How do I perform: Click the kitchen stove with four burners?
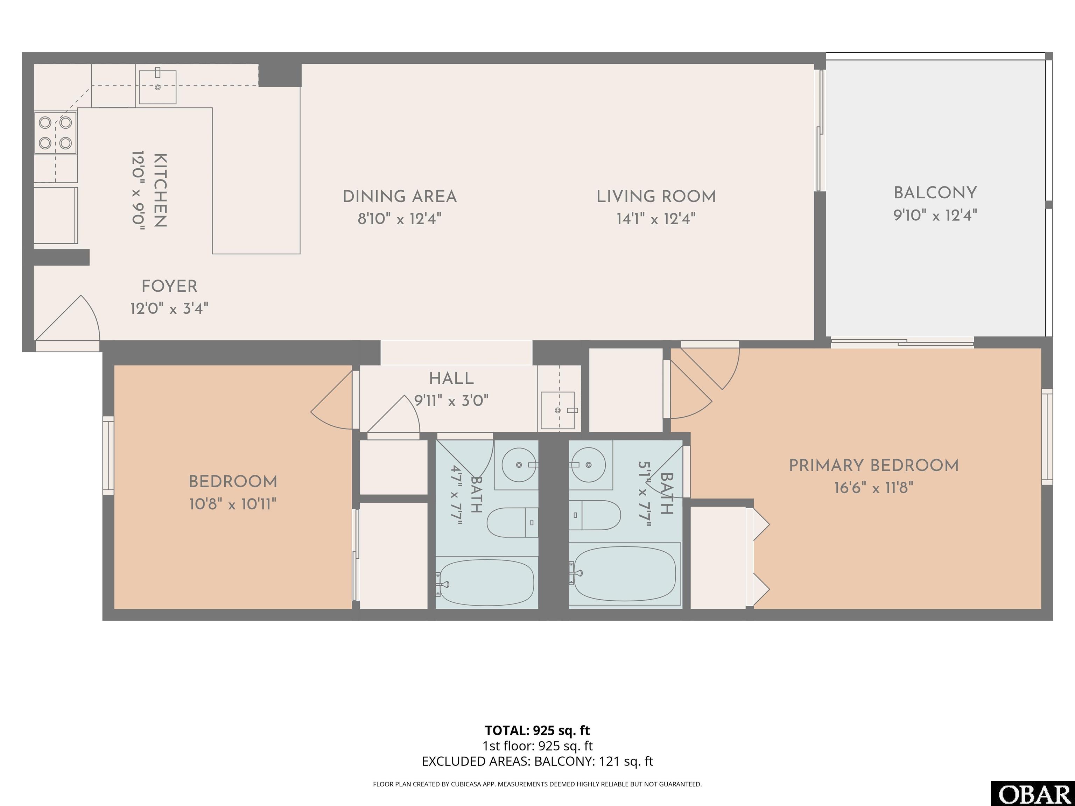point(55,133)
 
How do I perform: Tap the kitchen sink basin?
point(157,87)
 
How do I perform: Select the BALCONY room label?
point(935,193)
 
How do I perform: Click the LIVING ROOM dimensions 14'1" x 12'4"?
point(656,219)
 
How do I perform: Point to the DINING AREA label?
point(400,197)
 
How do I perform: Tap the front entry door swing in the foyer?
point(68,318)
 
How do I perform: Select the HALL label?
point(451,379)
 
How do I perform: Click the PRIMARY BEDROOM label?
point(874,465)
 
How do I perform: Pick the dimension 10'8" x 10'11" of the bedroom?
point(233,504)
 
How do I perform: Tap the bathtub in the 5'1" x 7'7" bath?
point(625,574)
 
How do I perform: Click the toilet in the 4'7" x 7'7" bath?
point(512,522)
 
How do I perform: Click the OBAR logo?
point(1033,793)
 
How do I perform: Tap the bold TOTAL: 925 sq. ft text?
point(537,730)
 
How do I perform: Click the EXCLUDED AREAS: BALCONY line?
point(537,761)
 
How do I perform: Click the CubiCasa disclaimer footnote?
point(537,784)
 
